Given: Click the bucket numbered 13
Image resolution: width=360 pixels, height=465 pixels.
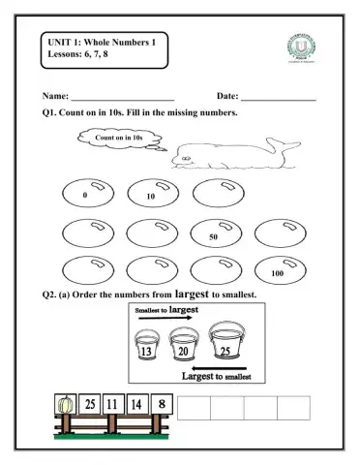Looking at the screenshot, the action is coord(147,348).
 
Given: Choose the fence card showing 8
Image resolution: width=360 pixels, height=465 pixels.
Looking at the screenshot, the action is coord(162,403).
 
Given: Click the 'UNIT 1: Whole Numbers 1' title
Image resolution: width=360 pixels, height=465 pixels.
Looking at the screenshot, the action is coord(102,40).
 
